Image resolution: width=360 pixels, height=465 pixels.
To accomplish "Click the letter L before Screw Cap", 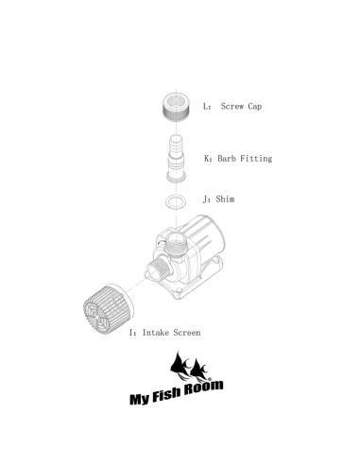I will pos(205,107).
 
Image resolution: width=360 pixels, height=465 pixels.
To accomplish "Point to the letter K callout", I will pos(205,159).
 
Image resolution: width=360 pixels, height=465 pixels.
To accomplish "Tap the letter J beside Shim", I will pos(205,200).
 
